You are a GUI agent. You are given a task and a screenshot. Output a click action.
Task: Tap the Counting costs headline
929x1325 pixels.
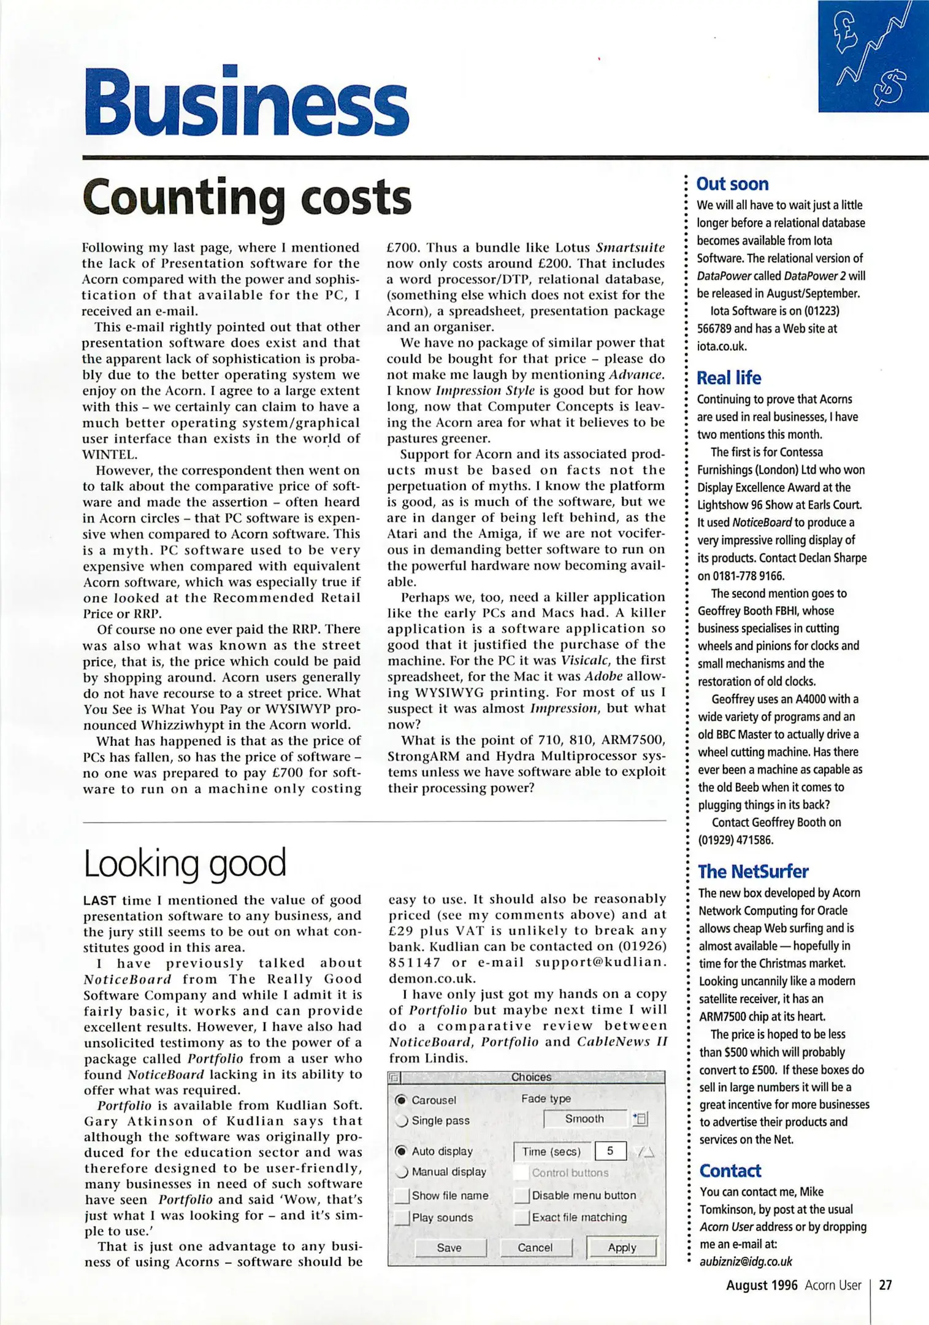click(247, 198)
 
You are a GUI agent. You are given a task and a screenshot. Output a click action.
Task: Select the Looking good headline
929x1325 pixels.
click(185, 862)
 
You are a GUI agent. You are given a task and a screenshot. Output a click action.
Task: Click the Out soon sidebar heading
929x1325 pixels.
click(732, 184)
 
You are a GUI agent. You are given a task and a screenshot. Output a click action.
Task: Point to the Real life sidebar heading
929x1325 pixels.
click(728, 378)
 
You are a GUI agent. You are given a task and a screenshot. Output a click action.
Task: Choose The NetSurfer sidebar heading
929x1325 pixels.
click(753, 871)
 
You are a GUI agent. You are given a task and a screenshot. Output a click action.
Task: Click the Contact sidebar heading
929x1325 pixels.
click(730, 1170)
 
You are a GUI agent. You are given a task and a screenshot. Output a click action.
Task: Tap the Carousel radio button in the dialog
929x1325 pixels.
click(401, 1100)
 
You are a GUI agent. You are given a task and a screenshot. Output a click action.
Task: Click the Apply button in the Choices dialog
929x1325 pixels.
click(621, 1247)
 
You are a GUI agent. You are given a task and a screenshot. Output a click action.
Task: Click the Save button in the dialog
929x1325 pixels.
click(449, 1247)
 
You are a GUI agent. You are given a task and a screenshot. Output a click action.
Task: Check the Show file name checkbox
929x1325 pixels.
click(402, 1195)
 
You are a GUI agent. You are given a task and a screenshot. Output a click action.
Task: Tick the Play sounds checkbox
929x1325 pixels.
click(402, 1217)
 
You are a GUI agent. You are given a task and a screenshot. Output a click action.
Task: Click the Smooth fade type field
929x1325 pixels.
click(584, 1119)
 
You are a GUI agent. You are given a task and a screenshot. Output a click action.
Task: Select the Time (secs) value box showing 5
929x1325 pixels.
click(610, 1151)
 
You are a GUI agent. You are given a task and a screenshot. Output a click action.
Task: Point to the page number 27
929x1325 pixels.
click(885, 1285)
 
